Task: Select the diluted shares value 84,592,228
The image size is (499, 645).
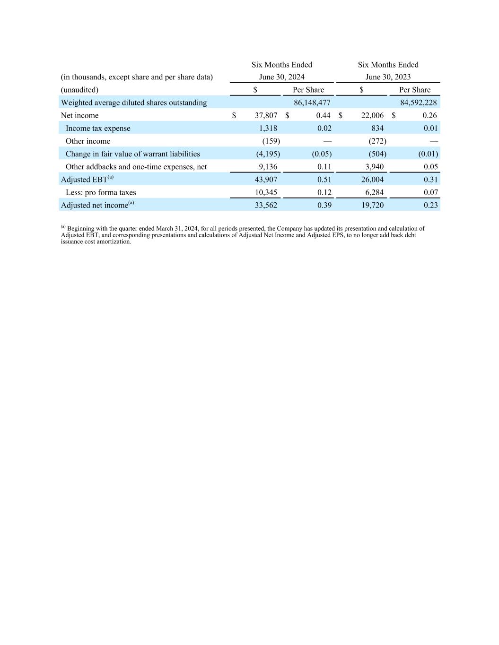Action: pyautogui.click(x=418, y=103)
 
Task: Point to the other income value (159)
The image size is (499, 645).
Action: pyautogui.click(x=271, y=141)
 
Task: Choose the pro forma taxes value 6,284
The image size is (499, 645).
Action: pyautogui.click(x=374, y=192)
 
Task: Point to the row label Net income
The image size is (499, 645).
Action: pyautogui.click(x=79, y=115)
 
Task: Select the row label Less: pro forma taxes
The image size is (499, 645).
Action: pyautogui.click(x=101, y=192)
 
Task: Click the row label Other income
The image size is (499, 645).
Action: pyautogui.click(x=88, y=141)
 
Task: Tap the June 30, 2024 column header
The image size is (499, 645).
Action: pyautogui.click(x=281, y=77)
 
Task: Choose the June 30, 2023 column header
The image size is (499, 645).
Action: pyautogui.click(x=388, y=77)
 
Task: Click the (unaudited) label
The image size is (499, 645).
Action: pyautogui.click(x=79, y=90)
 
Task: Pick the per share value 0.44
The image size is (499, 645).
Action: pyautogui.click(x=323, y=115)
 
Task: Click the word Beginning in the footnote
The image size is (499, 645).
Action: pyautogui.click(x=81, y=228)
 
